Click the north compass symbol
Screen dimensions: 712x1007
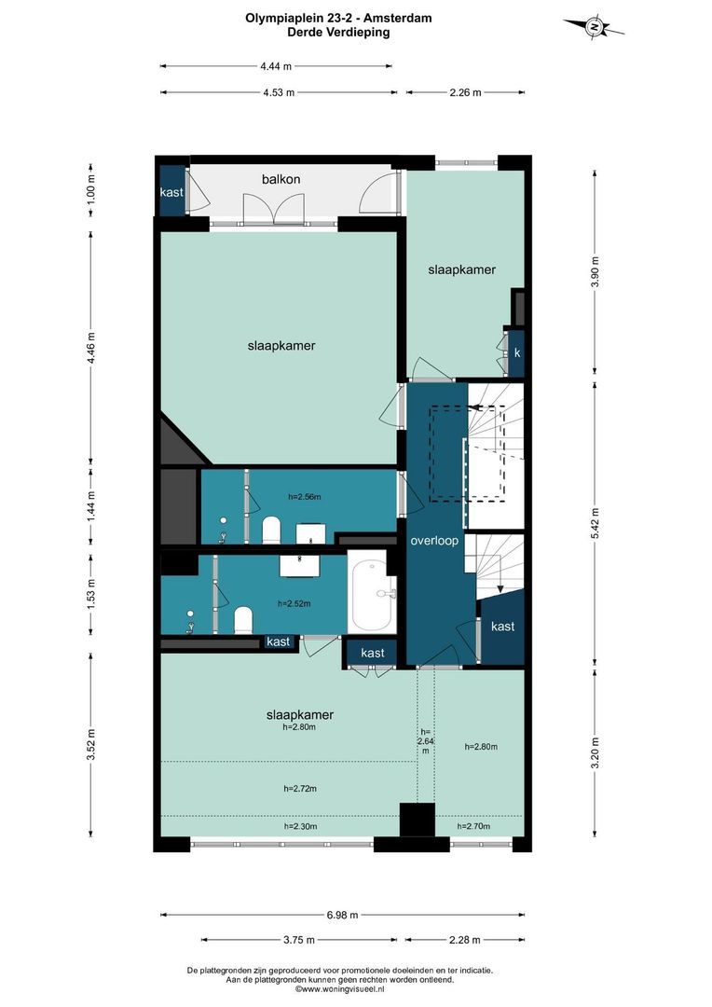pos(595,28)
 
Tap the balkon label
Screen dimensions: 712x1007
pos(281,179)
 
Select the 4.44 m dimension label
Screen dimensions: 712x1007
pos(276,65)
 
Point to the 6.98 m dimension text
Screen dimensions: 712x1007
pos(342,915)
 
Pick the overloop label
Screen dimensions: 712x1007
pos(434,540)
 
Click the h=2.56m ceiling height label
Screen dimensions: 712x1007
pos(305,496)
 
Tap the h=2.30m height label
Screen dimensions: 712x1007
pos(300,826)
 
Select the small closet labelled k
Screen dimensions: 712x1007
pos(516,353)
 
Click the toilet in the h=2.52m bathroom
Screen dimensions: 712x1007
pos(242,620)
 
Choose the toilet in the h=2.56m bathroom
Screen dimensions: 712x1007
pos(272,529)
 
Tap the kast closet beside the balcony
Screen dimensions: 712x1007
pos(171,191)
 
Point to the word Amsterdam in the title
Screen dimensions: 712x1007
pos(398,18)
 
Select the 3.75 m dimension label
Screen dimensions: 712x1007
pos(299,940)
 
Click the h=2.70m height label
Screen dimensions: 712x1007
pos(473,826)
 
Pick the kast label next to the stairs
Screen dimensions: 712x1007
pos(502,627)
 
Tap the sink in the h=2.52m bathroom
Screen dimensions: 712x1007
pos(301,565)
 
